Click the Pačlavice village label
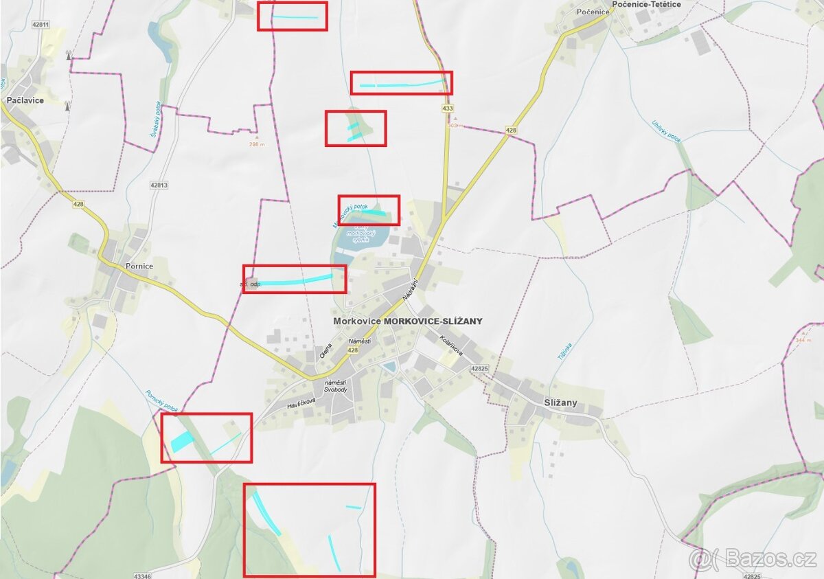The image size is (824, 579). (25, 100)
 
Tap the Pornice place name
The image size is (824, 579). (139, 266)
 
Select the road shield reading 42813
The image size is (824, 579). (158, 185)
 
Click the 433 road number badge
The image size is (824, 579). (448, 109)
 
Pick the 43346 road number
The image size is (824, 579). (142, 576)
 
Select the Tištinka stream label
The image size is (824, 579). (564, 352)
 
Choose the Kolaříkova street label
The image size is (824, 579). (452, 343)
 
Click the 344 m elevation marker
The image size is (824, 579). (803, 341)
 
